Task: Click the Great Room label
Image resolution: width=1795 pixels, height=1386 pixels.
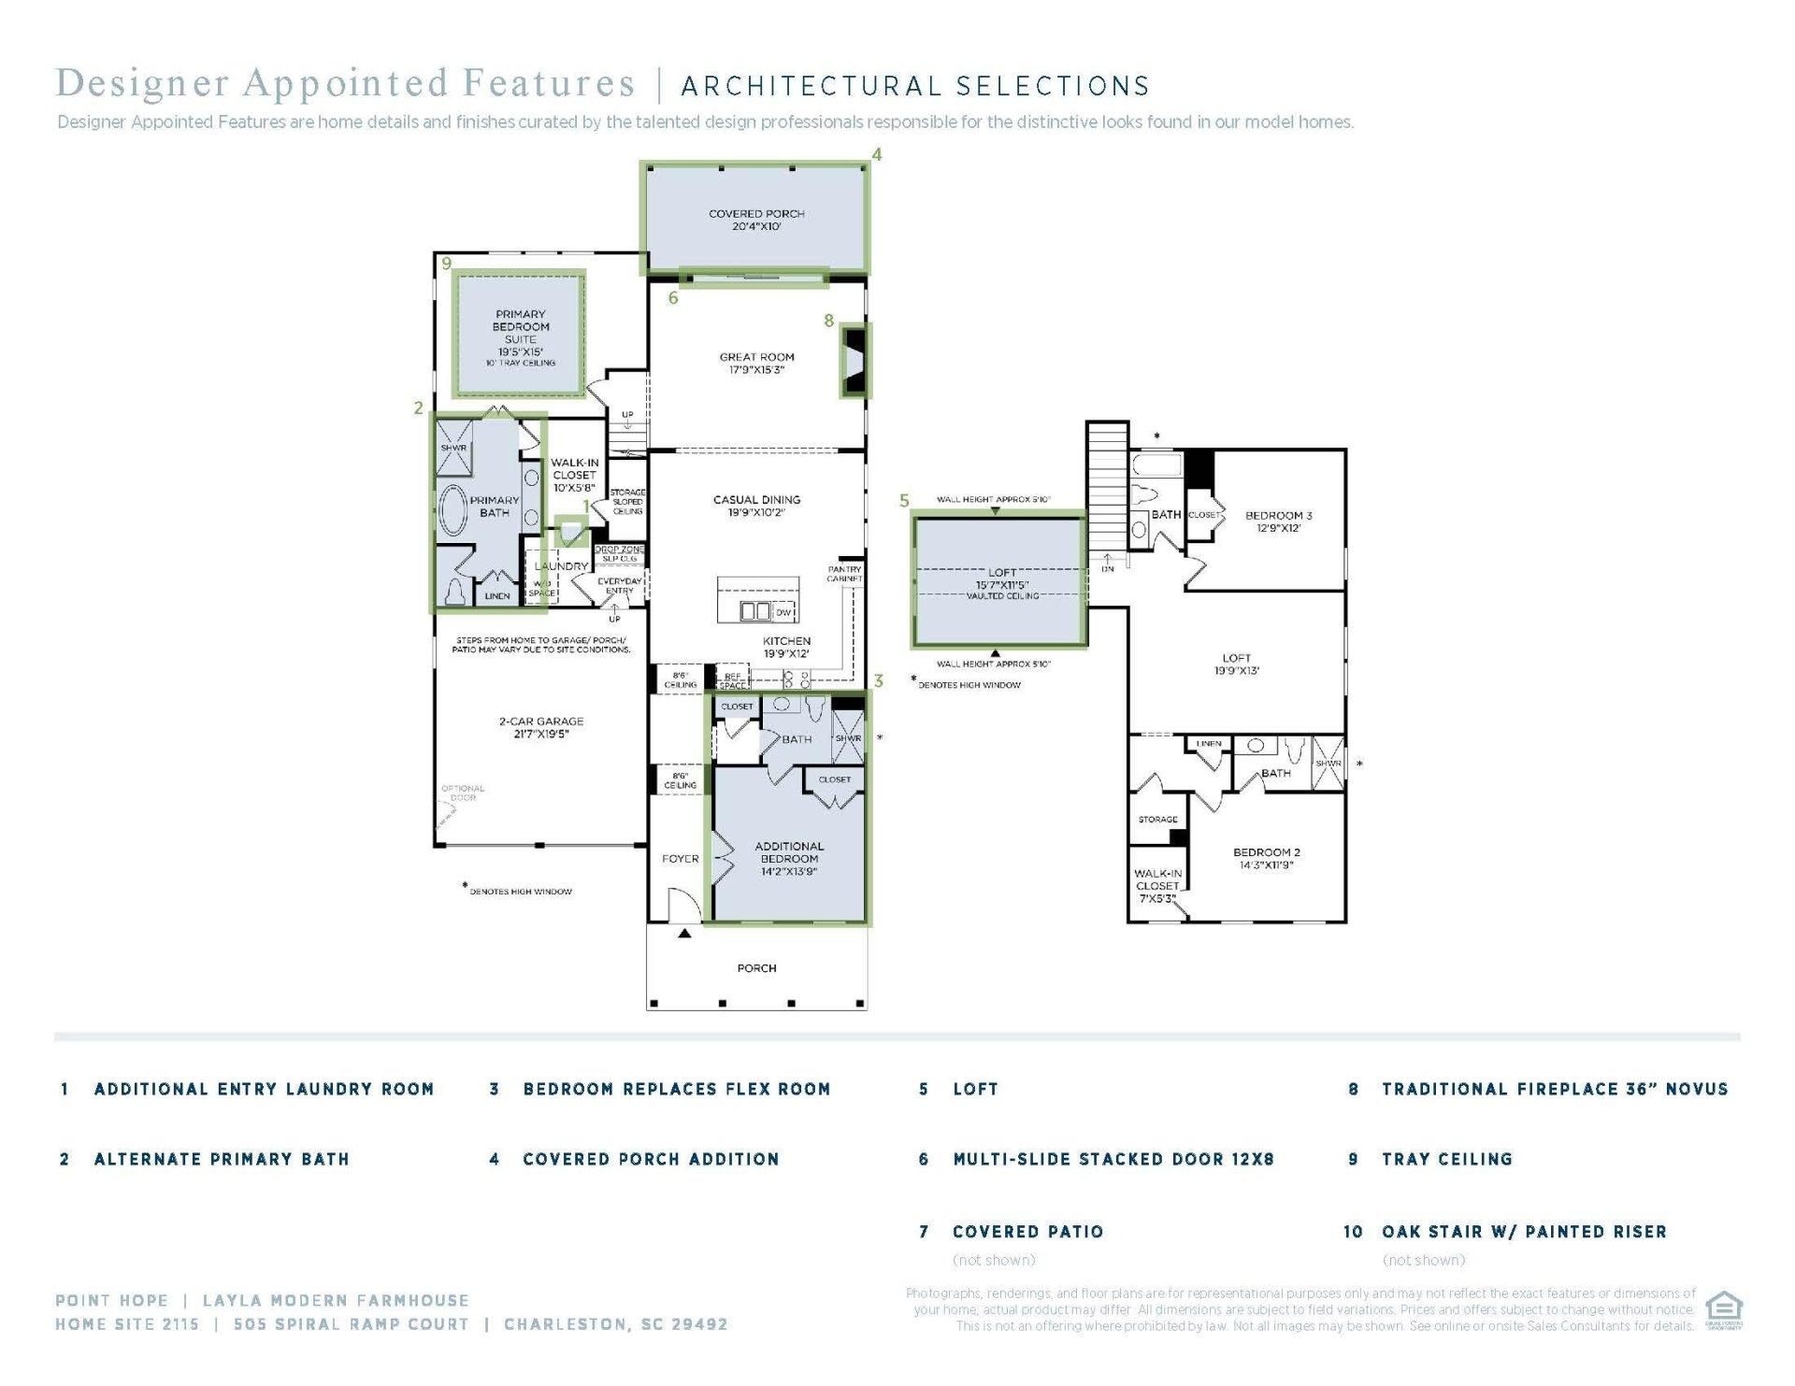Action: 756,364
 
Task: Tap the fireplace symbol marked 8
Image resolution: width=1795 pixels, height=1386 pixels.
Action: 854,361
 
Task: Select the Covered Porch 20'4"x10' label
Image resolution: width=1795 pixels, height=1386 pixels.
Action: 756,220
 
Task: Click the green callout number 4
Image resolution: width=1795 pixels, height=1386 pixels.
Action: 876,154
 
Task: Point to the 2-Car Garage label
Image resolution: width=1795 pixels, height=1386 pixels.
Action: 540,727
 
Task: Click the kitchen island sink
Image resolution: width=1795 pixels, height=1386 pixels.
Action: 755,611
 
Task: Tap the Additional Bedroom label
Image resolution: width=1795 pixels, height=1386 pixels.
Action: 789,858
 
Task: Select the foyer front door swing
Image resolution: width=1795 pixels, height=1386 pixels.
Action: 684,905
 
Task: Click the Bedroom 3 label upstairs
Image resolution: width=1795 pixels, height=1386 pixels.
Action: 1278,522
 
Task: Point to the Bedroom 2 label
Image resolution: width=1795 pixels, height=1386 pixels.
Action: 1266,858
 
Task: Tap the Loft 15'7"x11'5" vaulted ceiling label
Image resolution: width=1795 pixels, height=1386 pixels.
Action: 1001,584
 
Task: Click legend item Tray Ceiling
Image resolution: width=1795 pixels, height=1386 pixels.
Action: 1446,1159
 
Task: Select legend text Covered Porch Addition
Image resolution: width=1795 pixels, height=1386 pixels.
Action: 651,1159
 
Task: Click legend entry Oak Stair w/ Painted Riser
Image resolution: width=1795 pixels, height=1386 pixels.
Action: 1524,1232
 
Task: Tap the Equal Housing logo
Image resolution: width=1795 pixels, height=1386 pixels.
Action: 1723,1308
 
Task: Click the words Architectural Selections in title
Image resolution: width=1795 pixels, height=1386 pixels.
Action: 915,87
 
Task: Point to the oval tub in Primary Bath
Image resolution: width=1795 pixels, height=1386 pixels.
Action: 453,510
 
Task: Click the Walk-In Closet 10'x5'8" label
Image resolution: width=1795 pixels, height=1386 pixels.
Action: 574,475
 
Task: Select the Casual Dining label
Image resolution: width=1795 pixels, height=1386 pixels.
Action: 756,506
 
